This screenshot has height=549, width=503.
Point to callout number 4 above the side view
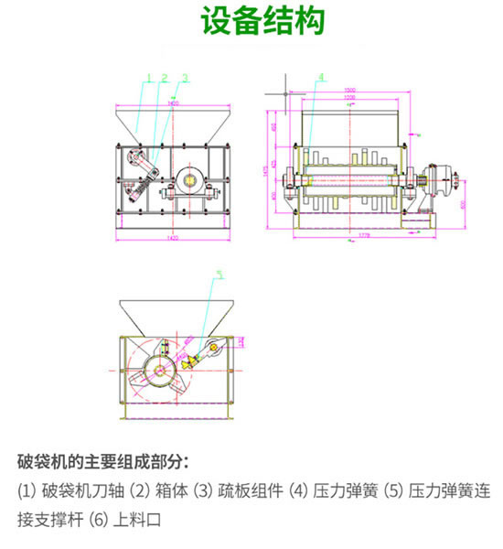click(321, 76)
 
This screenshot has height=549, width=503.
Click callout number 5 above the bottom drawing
click(219, 273)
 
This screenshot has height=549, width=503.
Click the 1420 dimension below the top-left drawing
click(173, 239)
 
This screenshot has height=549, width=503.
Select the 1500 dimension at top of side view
click(350, 90)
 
